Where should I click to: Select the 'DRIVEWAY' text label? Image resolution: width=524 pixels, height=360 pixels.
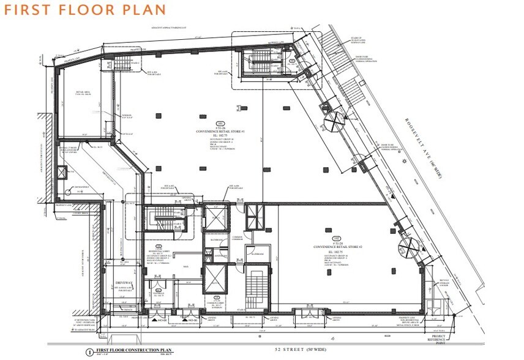(x=125, y=283)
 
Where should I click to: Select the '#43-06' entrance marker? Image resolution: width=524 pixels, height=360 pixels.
(x=192, y=320)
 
